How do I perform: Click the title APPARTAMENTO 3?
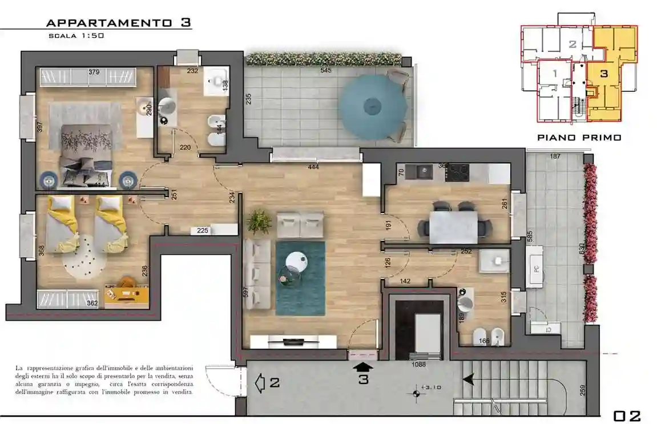(x=118, y=23)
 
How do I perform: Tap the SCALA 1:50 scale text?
(x=75, y=36)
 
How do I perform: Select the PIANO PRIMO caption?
(x=579, y=138)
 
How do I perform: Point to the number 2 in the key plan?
(x=572, y=44)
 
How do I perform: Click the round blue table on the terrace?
(x=373, y=107)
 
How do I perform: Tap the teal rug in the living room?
(x=300, y=278)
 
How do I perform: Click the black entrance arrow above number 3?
(x=363, y=366)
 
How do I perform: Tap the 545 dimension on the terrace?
(x=325, y=70)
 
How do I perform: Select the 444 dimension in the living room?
(x=313, y=167)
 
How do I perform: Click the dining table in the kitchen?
(x=454, y=226)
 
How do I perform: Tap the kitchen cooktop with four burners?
(x=457, y=171)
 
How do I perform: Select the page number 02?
(x=627, y=415)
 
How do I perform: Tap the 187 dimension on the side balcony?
(x=555, y=157)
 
